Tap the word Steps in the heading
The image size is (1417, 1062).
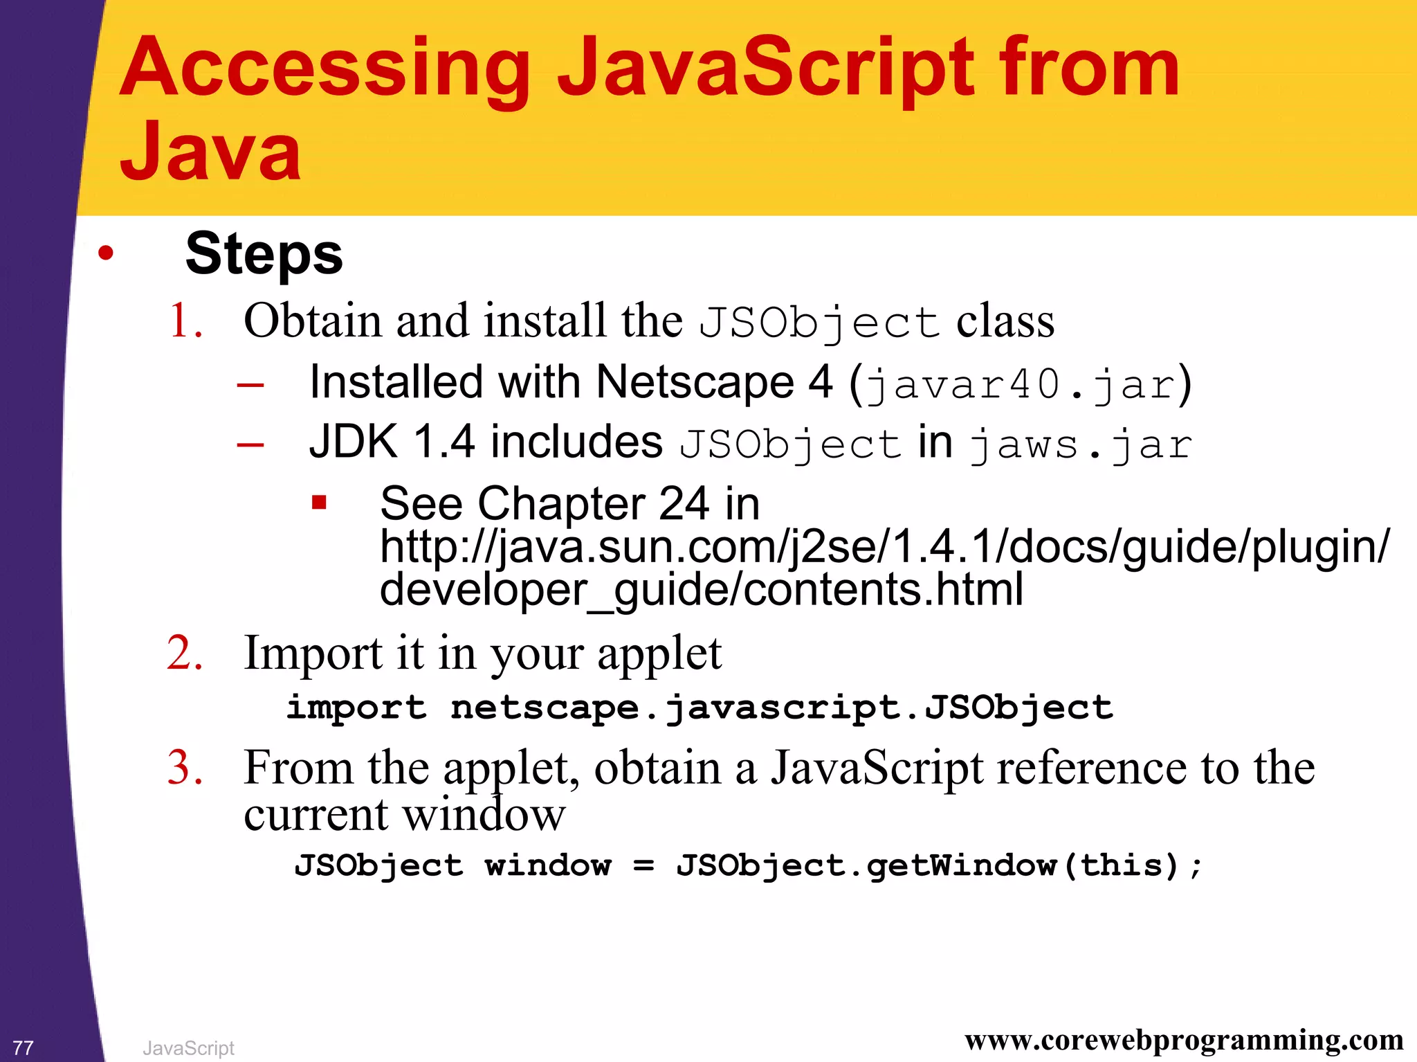point(264,254)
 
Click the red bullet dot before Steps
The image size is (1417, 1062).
point(105,253)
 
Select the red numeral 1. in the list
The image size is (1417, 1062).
point(185,321)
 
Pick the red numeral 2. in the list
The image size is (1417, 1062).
point(185,653)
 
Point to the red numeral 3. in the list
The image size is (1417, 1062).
point(185,768)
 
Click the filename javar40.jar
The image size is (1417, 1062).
point(1021,384)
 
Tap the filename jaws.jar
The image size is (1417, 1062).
point(1080,445)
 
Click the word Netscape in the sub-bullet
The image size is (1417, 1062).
point(695,382)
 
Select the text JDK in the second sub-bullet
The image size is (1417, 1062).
point(354,442)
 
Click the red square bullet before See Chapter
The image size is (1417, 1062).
point(319,502)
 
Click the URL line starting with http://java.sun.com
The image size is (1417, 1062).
point(884,547)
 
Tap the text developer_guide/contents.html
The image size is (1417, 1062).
point(701,590)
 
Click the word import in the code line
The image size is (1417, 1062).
point(356,708)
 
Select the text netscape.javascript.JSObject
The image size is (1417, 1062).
point(781,708)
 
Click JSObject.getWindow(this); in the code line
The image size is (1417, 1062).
point(939,865)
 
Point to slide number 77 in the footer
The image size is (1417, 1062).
point(23,1047)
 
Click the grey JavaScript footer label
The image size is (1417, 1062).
point(188,1048)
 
